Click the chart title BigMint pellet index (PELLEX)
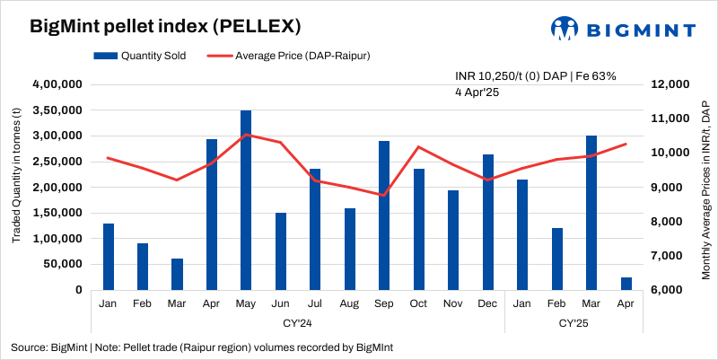pyautogui.click(x=153, y=26)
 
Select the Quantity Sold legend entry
pyautogui.click(x=140, y=56)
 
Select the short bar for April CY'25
pyautogui.click(x=626, y=284)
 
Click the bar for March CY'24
pyautogui.click(x=177, y=274)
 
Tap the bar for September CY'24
pyautogui.click(x=384, y=215)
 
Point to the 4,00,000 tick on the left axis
pyautogui.click(x=57, y=84)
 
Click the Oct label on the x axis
pyautogui.click(x=418, y=303)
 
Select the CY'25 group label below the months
pyautogui.click(x=574, y=321)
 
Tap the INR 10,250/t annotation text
pyautogui.click(x=535, y=76)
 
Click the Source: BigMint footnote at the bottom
pyautogui.click(x=202, y=347)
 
